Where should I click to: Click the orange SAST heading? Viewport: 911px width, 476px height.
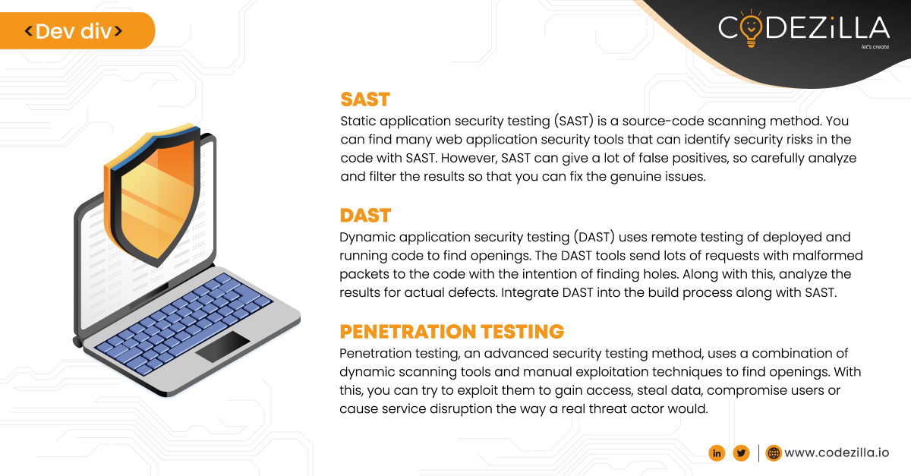point(365,99)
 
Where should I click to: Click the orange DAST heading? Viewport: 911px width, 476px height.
point(365,216)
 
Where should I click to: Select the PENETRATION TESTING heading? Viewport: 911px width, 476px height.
point(452,332)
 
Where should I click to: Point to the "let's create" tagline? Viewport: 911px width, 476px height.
point(874,47)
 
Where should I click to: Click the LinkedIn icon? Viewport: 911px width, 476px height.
point(717,453)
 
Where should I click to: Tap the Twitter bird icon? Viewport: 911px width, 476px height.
point(741,453)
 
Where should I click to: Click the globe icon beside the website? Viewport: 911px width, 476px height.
point(774,453)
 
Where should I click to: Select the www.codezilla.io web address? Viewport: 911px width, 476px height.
point(837,453)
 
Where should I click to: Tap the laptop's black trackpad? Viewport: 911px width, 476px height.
point(222,346)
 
